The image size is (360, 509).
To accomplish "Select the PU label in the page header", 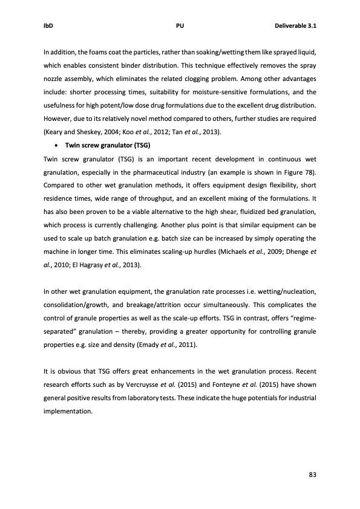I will coord(180,26).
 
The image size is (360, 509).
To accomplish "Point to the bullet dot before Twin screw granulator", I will coord(56,146).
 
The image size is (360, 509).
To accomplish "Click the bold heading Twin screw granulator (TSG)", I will coord(107,146).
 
